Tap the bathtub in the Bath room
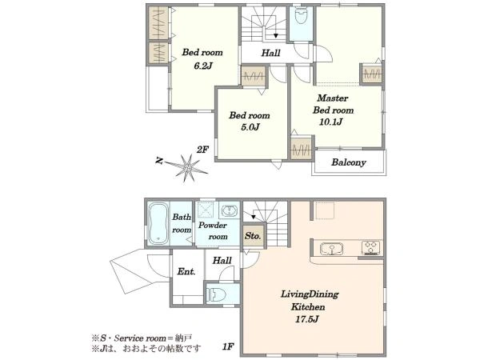pos(158,223)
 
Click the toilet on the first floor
pos(216,295)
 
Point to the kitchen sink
pos(332,249)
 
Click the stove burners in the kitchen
pos(370,248)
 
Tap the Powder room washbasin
pos(230,211)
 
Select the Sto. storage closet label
pos(253,236)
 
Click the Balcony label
pos(349,162)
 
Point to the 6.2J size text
pos(203,66)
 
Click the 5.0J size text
pos(250,127)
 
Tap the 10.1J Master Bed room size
pos(330,122)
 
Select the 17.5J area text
pos(307,319)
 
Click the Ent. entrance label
pos(186,271)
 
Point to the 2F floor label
pos(202,150)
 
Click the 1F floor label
pos(228,347)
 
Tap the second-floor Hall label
pos(270,53)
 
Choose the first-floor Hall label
pos(222,261)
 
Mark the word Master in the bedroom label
pos(333,98)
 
